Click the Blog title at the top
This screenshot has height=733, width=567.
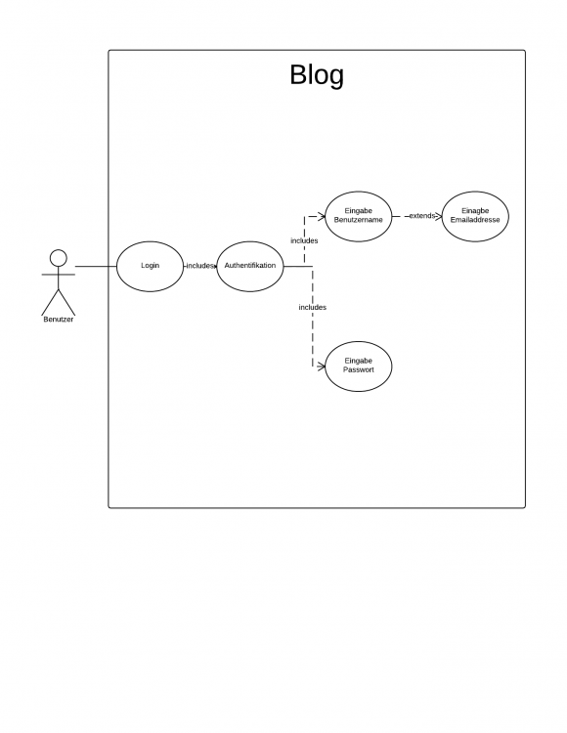[x=317, y=75]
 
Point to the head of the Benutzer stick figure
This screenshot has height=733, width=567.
[x=59, y=258]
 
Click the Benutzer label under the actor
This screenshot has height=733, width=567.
[x=59, y=320]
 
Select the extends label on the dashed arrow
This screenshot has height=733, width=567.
[x=422, y=216]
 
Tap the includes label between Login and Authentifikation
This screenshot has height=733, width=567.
[x=200, y=266]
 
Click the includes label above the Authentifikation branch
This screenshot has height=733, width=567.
[x=304, y=240]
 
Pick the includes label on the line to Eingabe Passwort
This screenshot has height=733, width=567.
[x=313, y=307]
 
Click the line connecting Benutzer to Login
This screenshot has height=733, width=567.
[x=96, y=267]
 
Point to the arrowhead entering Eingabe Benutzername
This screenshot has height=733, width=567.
[x=322, y=216]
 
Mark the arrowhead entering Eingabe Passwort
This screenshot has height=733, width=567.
[x=322, y=366]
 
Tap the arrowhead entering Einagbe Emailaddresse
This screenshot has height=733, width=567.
[x=439, y=216]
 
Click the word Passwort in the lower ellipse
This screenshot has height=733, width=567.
[x=359, y=369]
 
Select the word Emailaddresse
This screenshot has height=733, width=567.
[x=475, y=220]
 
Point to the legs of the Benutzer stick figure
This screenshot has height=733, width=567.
[x=59, y=302]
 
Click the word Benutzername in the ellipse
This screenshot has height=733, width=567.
[x=359, y=220]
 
